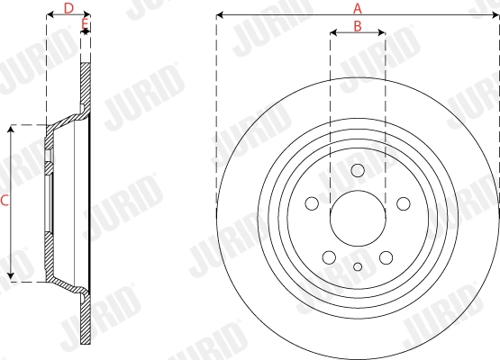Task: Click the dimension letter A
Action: click(x=359, y=7)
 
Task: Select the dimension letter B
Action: click(x=358, y=26)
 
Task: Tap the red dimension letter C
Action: click(x=5, y=203)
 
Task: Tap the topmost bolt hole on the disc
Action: click(x=358, y=171)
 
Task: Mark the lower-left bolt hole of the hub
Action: click(x=330, y=256)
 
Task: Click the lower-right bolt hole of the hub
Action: click(x=386, y=256)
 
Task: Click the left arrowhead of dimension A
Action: click(x=220, y=15)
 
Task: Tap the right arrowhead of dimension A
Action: click(x=495, y=15)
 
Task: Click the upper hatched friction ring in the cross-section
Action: click(x=86, y=85)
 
